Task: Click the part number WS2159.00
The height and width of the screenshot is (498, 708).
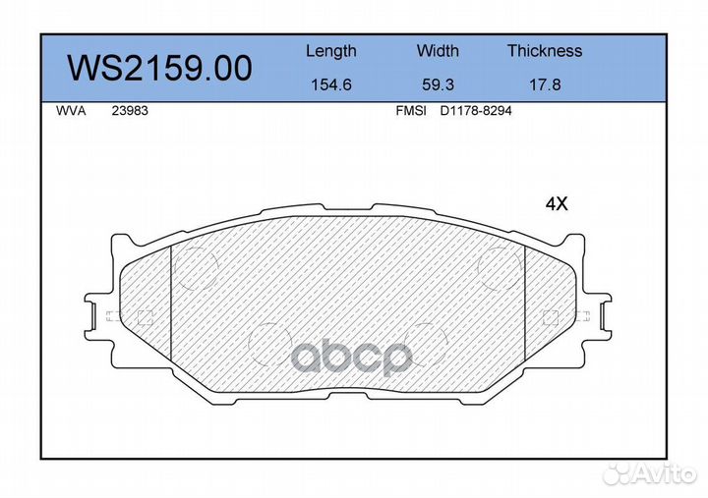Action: (160, 69)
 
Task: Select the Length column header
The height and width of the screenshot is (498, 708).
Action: (331, 51)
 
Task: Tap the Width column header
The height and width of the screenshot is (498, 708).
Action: (438, 50)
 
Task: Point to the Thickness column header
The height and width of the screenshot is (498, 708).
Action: (545, 50)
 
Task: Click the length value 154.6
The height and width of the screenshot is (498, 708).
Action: (331, 84)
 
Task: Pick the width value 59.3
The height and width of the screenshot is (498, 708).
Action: (438, 84)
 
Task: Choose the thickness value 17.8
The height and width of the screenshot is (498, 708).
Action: (545, 84)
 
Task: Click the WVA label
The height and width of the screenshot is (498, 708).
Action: (71, 111)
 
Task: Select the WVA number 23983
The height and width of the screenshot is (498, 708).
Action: (130, 111)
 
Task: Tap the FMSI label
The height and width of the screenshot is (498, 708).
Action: (411, 111)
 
